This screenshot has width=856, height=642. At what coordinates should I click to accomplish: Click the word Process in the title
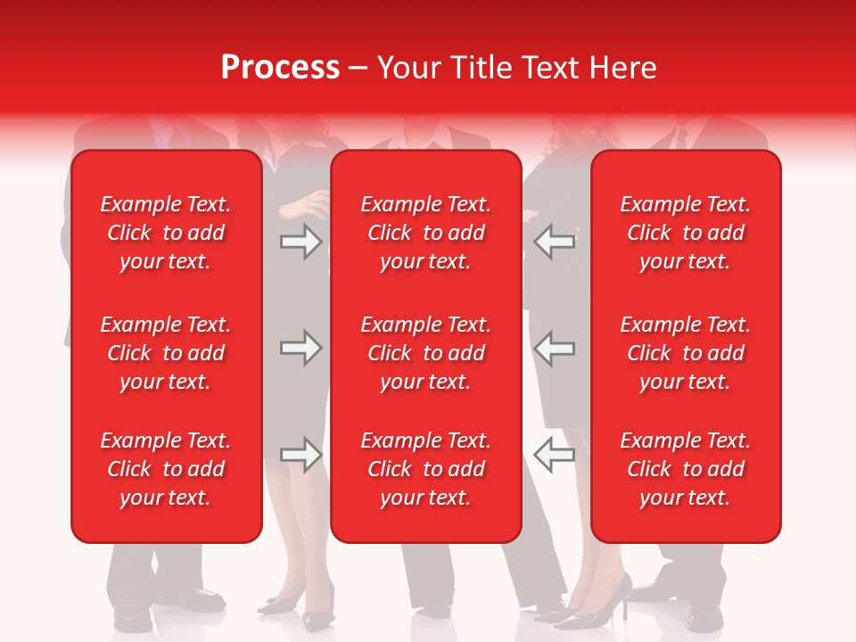point(280,68)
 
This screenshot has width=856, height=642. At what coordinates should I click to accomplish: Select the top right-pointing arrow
point(300,242)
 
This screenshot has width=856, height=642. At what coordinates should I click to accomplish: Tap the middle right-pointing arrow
point(300,348)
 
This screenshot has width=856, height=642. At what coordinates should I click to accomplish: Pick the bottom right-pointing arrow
point(300,455)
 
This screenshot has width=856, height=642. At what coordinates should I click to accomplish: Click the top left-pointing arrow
point(555,242)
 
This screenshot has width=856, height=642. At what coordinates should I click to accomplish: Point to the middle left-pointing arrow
point(555,348)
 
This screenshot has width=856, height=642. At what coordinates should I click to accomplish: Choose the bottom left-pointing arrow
point(555,455)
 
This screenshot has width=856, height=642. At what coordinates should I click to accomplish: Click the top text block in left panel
point(166,233)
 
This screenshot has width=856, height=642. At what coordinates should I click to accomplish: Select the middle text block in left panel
point(166,353)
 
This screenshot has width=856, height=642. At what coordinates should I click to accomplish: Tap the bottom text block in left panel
point(166,469)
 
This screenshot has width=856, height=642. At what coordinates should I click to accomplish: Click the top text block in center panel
point(425,233)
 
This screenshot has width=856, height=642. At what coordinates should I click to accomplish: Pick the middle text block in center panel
point(425,353)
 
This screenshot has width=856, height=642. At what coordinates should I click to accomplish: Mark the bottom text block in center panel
point(425,469)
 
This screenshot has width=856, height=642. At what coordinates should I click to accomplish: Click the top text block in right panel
point(685,233)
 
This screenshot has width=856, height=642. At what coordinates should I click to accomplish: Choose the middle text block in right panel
point(685,353)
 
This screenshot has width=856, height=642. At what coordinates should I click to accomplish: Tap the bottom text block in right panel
point(685,469)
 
